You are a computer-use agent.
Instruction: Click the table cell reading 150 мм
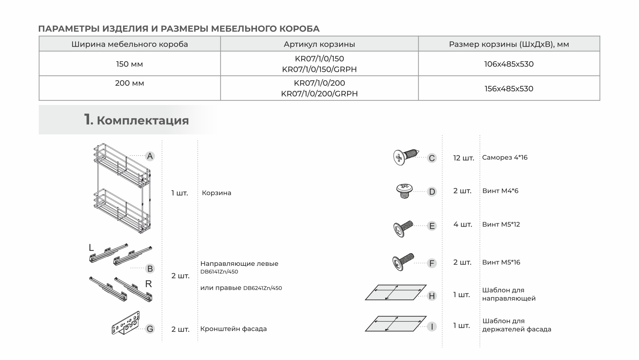129,64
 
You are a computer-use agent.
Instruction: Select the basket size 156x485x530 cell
509,89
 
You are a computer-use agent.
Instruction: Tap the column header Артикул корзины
319,44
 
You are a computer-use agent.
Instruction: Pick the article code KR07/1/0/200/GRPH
319,94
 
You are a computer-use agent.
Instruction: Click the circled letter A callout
150,156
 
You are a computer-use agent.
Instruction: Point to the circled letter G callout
150,329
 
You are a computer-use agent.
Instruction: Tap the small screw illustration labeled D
404,191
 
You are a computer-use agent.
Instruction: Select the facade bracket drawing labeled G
126,323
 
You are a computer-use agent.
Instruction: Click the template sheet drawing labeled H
396,292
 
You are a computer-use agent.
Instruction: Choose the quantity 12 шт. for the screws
463,158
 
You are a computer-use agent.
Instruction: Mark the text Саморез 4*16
505,158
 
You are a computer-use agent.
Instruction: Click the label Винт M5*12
501,225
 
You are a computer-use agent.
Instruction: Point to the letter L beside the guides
91,248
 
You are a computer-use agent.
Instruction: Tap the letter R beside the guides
148,284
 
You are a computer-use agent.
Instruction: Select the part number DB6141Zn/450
219,272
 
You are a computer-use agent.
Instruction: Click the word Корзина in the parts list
216,193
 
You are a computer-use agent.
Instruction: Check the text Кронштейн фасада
233,329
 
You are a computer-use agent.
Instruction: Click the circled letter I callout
432,327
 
